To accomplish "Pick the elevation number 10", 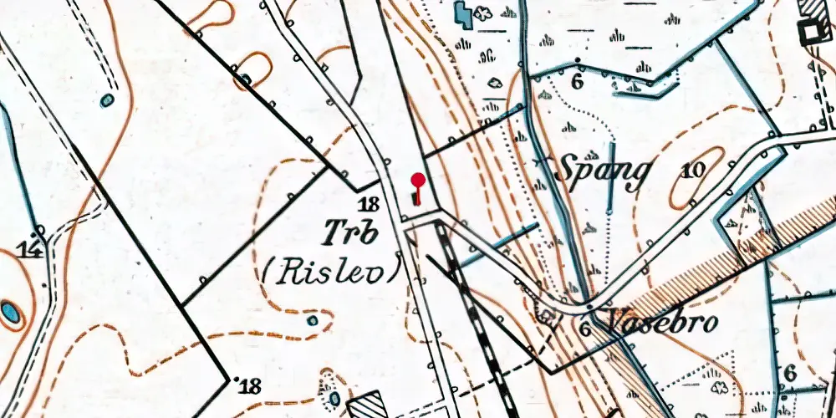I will [693, 171].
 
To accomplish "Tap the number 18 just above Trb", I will [370, 203].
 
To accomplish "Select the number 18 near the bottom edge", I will [248, 385].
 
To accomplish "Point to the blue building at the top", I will [461, 13].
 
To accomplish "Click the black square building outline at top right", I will [810, 33].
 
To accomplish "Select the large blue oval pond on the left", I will [10, 313].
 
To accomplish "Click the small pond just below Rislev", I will [313, 320].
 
